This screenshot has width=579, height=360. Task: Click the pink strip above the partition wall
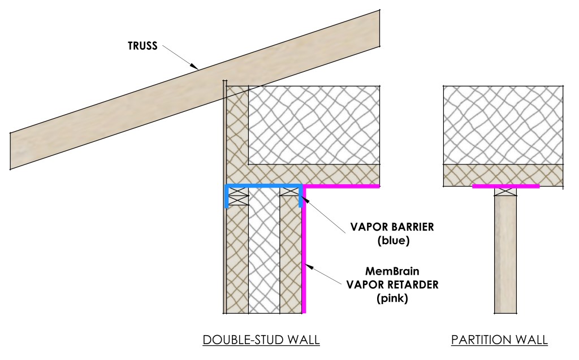tap(505, 185)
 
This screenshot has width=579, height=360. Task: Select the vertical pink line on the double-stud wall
tap(304, 254)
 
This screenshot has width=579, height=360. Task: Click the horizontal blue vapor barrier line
tap(263, 185)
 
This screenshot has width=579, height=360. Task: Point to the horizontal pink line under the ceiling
tap(342, 185)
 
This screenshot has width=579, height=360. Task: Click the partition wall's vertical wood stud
tap(505, 254)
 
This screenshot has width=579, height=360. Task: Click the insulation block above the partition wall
tap(503, 124)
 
